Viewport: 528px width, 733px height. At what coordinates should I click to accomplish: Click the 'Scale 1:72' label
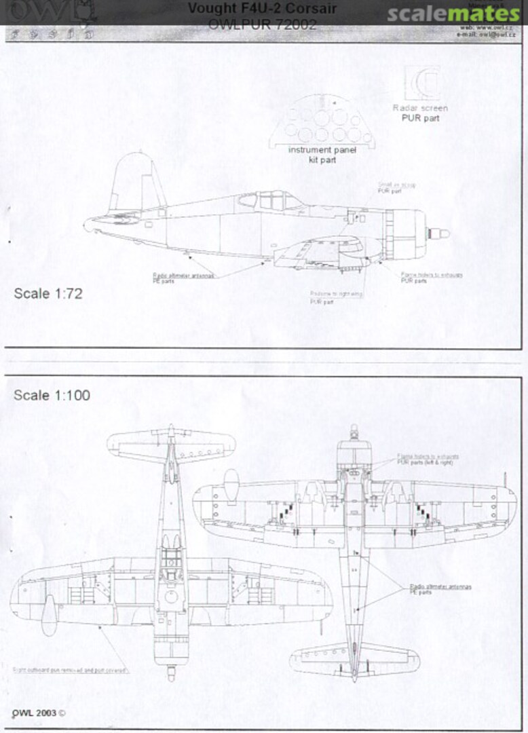(x=48, y=294)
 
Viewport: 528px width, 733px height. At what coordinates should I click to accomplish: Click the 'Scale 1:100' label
(x=52, y=395)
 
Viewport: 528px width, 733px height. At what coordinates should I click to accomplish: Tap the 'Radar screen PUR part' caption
(x=420, y=113)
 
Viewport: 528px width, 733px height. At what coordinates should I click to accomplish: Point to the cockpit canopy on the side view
(x=270, y=200)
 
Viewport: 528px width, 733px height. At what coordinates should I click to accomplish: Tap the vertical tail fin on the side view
(x=134, y=180)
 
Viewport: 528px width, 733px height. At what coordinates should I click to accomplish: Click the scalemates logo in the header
(x=453, y=14)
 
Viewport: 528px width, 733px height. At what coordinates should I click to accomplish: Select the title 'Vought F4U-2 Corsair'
(x=262, y=9)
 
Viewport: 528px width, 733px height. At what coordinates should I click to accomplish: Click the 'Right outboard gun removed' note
(x=71, y=670)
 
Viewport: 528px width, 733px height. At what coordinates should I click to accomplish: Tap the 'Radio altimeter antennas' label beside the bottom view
(x=440, y=588)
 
